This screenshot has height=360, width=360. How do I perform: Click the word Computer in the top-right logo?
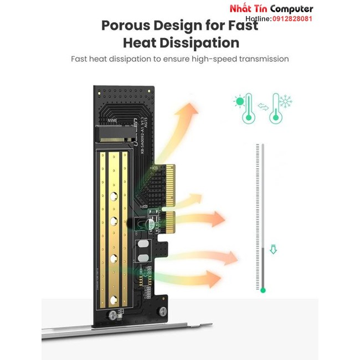[291, 9]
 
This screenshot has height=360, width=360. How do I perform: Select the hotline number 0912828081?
[291, 18]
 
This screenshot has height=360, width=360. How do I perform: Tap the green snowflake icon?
[286, 101]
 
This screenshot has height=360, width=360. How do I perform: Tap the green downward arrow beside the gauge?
[272, 250]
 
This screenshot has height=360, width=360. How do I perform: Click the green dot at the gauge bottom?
[263, 290]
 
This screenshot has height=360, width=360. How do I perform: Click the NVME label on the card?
[113, 119]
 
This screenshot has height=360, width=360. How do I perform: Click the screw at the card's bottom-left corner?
[114, 315]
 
